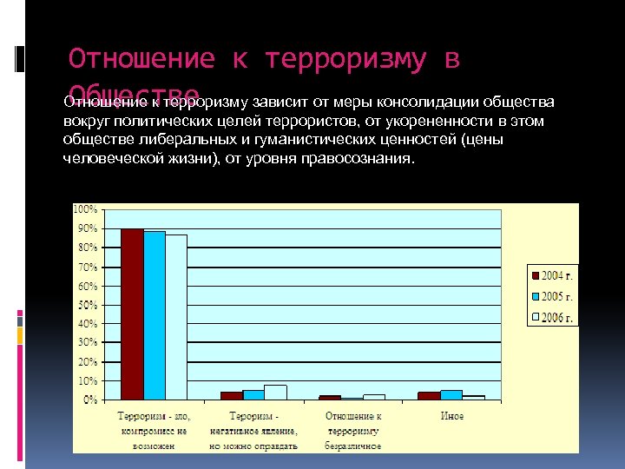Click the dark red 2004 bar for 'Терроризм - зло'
pyautogui.click(x=132, y=314)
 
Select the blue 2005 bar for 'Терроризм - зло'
pyautogui.click(x=154, y=315)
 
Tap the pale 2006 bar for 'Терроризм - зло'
pyautogui.click(x=176, y=317)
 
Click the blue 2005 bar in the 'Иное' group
pyautogui.click(x=451, y=395)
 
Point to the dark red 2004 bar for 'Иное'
pyautogui.click(x=429, y=396)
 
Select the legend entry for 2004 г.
pyautogui.click(x=553, y=275)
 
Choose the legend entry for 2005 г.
pyautogui.click(x=553, y=296)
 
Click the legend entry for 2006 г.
pyautogui.click(x=553, y=317)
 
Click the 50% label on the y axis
pyautogui.click(x=88, y=305)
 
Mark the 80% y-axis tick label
pyautogui.click(x=88, y=248)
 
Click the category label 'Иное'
pyautogui.click(x=451, y=416)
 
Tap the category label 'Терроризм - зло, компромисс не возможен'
pyautogui.click(x=154, y=431)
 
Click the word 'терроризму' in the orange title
pyautogui.click(x=345, y=59)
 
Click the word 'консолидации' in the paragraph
pyautogui.click(x=422, y=102)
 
